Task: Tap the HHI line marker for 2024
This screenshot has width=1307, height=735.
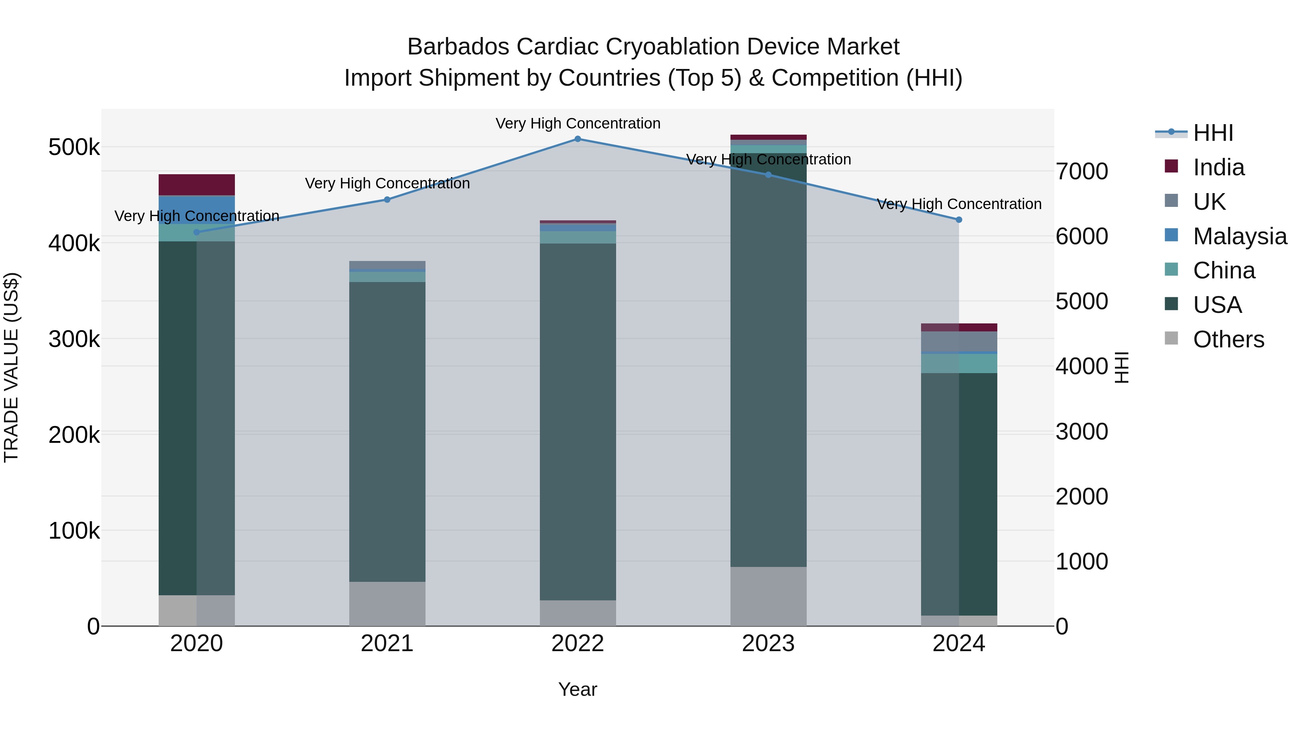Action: point(958,220)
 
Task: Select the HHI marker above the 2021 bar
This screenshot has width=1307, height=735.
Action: point(387,200)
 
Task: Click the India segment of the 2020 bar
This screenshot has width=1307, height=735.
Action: point(197,185)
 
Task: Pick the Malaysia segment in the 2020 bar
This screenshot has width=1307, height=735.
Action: point(197,209)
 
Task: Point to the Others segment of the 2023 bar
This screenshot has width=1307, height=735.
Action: point(768,596)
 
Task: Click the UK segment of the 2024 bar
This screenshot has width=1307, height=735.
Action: point(958,342)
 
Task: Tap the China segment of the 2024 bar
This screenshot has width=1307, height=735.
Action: point(958,364)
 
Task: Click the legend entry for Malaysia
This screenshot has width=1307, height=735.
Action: point(1239,236)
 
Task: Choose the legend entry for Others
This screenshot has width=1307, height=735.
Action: point(1228,339)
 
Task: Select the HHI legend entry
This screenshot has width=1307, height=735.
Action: point(1213,133)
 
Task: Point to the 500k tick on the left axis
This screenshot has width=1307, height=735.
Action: point(74,148)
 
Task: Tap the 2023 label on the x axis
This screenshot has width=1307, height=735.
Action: point(768,644)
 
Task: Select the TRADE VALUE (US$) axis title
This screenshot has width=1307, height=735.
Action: point(11,367)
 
